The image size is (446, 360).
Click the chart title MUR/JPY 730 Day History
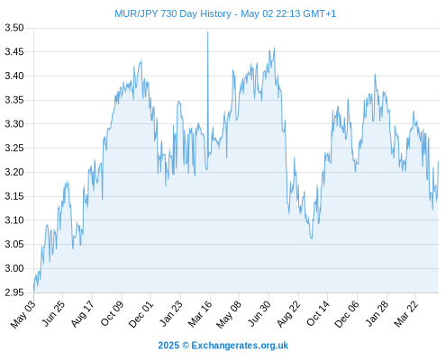click(173, 13)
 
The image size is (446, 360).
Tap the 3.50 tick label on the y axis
click(14, 28)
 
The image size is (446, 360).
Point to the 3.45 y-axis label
click(14, 52)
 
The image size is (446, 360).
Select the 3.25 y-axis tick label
click(14, 148)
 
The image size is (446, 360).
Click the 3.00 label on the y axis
click(14, 268)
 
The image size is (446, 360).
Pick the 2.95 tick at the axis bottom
click(14, 292)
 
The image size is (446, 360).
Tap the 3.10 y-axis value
click(14, 220)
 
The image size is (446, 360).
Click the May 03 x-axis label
click(23, 314)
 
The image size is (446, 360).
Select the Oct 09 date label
click(112, 314)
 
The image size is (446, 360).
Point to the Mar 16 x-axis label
click(200, 314)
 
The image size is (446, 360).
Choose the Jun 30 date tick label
click(259, 314)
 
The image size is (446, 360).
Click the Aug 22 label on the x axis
click(288, 314)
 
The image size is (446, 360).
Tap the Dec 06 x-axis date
click(347, 314)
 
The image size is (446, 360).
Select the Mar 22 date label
click(405, 314)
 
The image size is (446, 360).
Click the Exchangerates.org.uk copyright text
click(223, 346)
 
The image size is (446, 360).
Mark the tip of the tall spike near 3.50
click(207, 31)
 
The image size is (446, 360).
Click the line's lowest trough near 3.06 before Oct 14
click(312, 238)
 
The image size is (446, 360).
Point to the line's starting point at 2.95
click(34, 291)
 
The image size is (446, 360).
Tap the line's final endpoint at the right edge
click(438, 162)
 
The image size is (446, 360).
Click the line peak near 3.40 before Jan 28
click(375, 75)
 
